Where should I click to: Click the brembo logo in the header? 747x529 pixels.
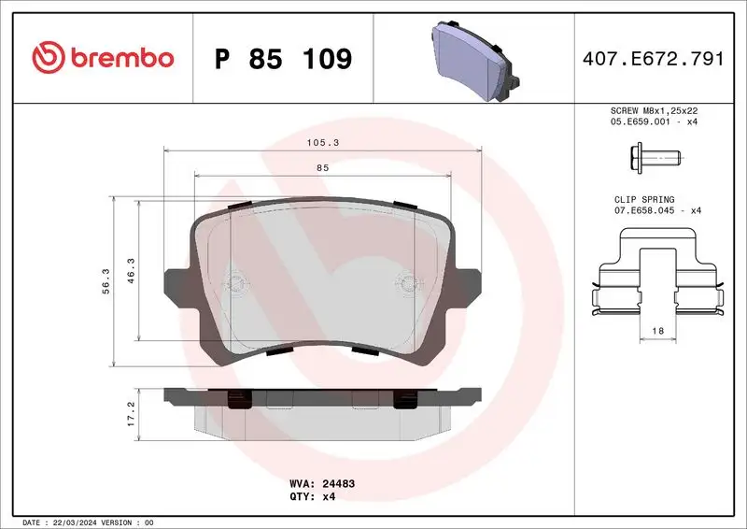(102, 57)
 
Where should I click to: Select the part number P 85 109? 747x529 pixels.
(283, 59)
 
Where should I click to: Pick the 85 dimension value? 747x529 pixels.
(322, 167)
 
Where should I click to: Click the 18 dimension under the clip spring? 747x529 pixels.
(658, 332)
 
